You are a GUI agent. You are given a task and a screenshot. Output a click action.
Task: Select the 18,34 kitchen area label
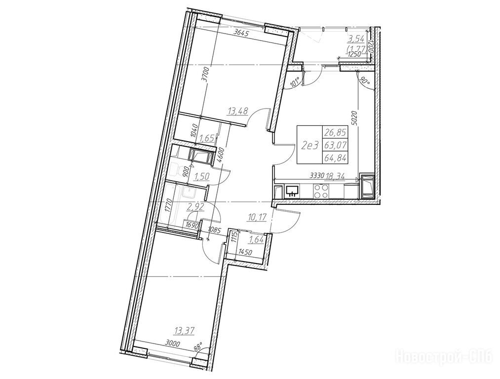point(335,176)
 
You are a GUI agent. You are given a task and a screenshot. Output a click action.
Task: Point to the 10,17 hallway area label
point(257,218)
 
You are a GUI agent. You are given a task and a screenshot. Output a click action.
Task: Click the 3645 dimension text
point(242,32)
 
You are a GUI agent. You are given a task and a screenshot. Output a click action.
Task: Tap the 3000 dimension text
point(173,343)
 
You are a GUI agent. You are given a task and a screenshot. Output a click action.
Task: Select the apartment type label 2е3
point(309,146)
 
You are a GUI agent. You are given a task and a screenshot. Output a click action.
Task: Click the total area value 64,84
point(336,157)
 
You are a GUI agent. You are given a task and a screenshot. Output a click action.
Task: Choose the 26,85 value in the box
point(336,132)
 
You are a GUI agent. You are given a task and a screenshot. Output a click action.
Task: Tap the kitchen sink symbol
point(292,190)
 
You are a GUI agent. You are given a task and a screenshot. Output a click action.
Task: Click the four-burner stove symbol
point(320,191)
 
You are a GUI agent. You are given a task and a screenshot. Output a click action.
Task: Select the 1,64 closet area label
point(256,240)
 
